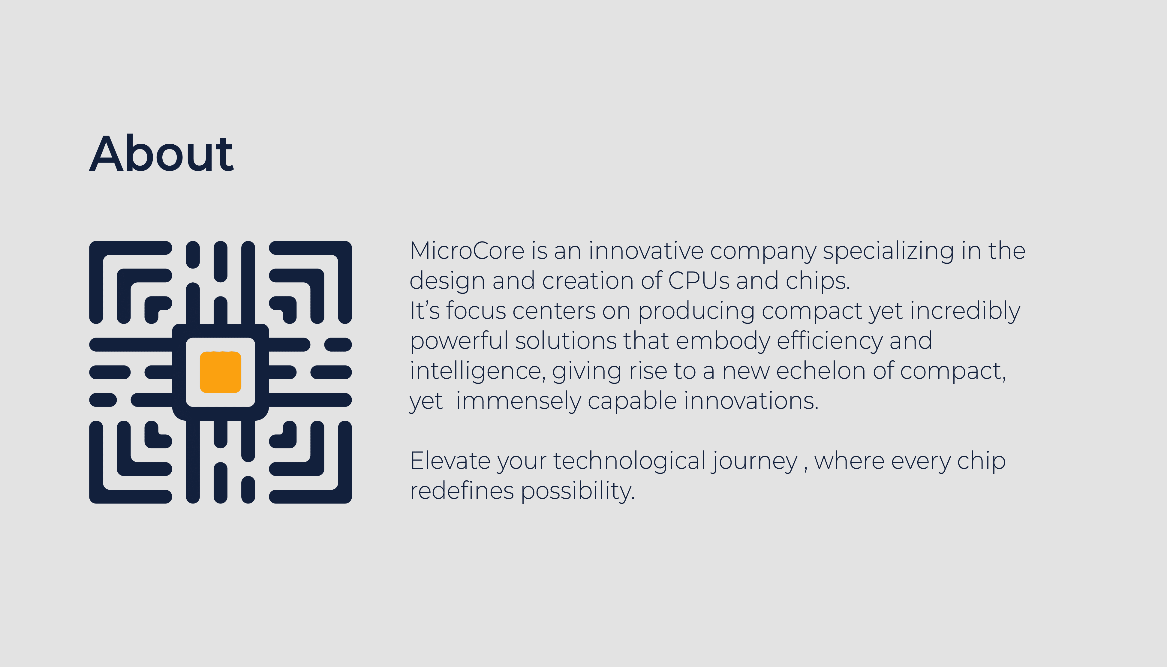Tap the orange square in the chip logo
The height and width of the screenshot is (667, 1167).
click(x=220, y=372)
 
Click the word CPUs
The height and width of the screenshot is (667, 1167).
click(x=699, y=281)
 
